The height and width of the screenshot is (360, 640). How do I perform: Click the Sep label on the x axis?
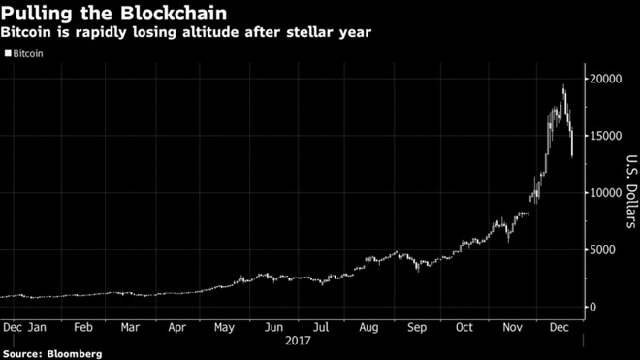(x=417, y=328)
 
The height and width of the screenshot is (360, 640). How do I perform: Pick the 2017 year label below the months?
(x=298, y=342)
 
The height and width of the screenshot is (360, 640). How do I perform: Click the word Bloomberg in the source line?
(x=78, y=353)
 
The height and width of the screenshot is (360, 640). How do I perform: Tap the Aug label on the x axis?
(x=369, y=328)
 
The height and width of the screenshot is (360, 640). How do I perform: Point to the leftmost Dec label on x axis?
(x=14, y=328)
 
